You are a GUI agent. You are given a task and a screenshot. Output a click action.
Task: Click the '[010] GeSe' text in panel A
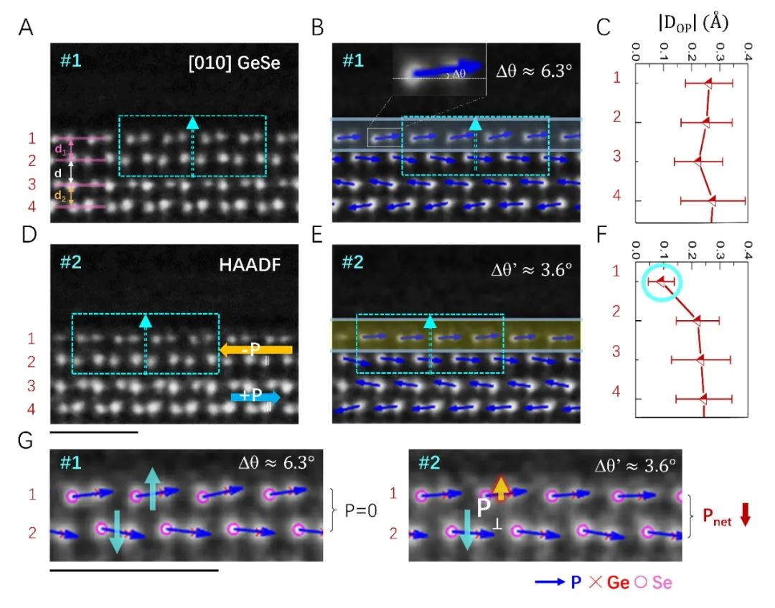(234, 62)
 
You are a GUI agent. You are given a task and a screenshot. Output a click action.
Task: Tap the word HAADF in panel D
(250, 265)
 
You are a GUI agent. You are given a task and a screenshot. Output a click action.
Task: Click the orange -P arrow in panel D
(256, 350)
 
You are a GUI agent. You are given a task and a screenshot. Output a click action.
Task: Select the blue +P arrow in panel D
(255, 397)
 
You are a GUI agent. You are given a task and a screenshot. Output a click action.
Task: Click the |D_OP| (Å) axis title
(693, 23)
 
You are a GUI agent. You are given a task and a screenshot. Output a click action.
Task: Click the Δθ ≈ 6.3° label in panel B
(534, 70)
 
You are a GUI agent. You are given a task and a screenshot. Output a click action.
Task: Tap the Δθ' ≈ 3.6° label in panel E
(531, 269)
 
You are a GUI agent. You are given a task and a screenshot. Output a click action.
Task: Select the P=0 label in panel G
(361, 510)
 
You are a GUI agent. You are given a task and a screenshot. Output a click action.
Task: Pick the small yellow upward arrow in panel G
(501, 488)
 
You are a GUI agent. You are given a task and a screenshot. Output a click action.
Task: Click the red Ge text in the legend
(618, 582)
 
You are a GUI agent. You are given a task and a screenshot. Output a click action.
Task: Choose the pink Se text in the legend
(662, 582)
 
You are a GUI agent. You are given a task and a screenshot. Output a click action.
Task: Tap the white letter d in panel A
(58, 174)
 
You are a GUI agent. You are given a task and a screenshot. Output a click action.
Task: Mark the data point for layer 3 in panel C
(697, 161)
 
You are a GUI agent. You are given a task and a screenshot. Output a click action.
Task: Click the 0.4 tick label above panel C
(748, 52)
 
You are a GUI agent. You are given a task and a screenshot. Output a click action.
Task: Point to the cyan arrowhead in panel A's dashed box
(192, 123)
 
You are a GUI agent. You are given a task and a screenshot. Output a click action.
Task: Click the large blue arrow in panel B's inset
(447, 68)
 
